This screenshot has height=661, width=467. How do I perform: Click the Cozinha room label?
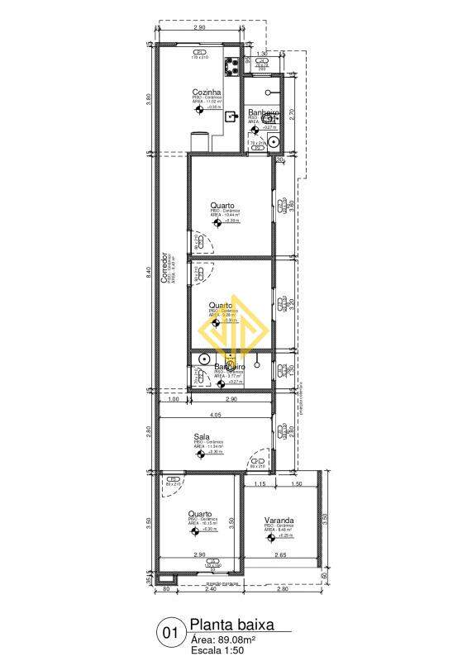pos(205,92)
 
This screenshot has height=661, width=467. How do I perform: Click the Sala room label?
pos(201,437)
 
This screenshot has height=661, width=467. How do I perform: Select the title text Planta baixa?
pos(231,625)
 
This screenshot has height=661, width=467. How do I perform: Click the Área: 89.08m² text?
pos(223,639)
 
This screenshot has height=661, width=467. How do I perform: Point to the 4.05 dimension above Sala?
pos(215,414)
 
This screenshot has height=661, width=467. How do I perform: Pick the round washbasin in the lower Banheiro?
pos(203,359)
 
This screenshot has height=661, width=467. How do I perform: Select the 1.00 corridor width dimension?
pos(174,400)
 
